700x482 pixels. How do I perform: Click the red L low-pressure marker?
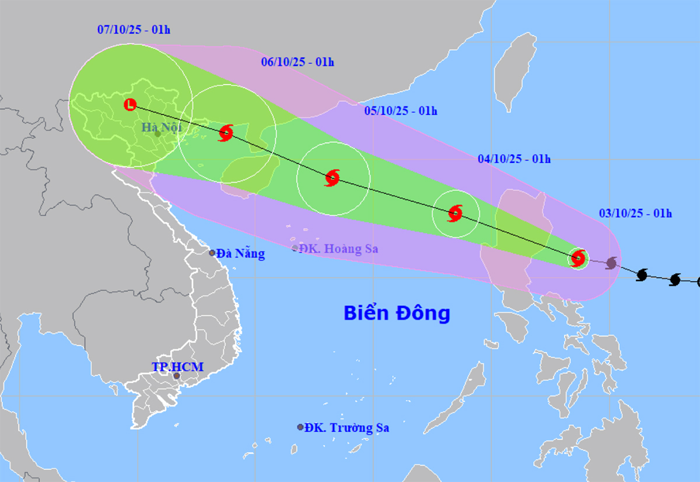130,105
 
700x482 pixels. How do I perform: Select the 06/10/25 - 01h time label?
298,62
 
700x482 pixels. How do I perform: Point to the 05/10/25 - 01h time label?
401,111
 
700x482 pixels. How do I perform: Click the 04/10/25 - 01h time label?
514,159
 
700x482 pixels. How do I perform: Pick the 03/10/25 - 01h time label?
635,214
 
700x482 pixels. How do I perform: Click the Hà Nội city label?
162,127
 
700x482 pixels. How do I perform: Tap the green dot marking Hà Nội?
157,134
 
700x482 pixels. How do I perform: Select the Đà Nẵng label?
240,254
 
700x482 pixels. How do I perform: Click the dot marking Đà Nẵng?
213,253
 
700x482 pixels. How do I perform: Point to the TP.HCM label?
178,367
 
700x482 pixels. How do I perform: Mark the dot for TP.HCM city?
176,376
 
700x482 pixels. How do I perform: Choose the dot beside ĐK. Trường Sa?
300,427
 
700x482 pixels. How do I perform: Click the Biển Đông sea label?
397,313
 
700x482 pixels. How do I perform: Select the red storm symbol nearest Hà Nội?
226,133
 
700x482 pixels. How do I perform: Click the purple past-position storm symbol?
611,263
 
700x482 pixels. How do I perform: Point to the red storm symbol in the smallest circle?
578,257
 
